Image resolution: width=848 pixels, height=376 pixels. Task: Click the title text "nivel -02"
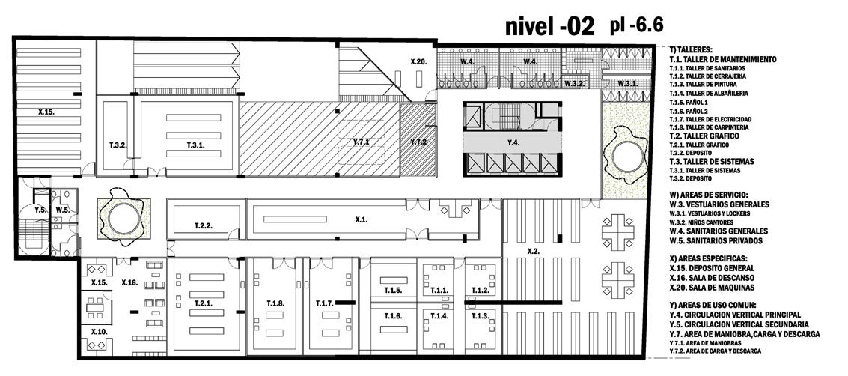coord(550,26)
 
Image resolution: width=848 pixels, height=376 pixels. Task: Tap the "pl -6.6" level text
coord(636,25)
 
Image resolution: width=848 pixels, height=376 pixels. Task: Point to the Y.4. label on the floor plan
coord(513,143)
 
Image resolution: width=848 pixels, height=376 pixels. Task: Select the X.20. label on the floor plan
coord(418,61)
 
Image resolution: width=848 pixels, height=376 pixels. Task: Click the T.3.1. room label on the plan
coord(196,145)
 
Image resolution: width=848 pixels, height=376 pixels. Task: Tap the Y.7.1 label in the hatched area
coord(361,142)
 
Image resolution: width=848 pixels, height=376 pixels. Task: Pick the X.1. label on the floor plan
coord(362,219)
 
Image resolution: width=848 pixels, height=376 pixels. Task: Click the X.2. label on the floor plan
coord(534,251)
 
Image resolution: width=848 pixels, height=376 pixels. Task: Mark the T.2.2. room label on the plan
coord(204,225)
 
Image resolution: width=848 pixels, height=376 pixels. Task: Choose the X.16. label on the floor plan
coord(129,282)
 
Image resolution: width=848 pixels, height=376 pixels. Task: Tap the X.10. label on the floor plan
coord(99,331)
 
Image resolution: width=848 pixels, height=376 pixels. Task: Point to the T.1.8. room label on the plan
coord(275,303)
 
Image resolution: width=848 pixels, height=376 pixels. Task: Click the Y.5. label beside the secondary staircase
coord(40,210)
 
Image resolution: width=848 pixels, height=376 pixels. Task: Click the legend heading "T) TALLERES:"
coord(691,49)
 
